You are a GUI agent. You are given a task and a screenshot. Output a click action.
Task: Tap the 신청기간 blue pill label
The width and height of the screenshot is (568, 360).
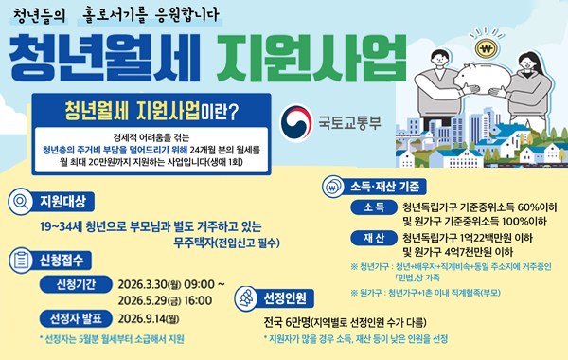72,284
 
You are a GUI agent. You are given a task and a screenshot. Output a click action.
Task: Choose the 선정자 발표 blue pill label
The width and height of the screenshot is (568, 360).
72,318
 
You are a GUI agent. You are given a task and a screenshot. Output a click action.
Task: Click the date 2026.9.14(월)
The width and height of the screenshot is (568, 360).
156,318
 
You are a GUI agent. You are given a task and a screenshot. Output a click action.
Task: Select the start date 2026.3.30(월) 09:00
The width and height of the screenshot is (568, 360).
171,284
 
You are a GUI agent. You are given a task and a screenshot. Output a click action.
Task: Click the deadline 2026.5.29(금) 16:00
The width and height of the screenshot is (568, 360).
166,301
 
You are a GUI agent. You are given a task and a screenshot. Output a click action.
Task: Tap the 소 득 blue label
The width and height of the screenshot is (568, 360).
373,207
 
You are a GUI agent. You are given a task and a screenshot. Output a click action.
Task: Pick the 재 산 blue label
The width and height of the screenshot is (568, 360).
373,237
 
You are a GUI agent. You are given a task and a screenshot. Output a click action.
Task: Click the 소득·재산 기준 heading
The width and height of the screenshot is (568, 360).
389,185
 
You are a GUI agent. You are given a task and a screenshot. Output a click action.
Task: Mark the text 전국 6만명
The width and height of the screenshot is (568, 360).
293,322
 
